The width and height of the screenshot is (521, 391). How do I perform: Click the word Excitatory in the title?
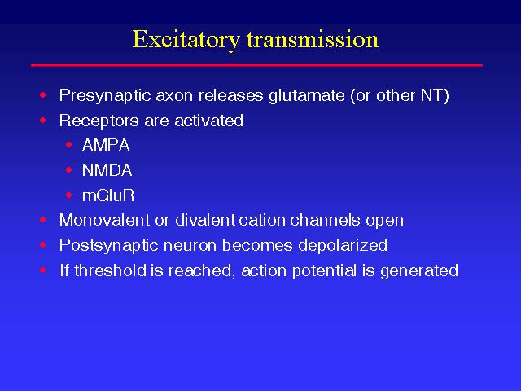click(x=186, y=40)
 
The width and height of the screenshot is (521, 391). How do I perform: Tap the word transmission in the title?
click(x=313, y=40)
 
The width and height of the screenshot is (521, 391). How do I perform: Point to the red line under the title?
click(x=256, y=65)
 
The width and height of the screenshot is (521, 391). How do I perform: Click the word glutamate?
click(x=307, y=96)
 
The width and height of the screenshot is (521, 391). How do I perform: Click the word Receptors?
click(x=99, y=121)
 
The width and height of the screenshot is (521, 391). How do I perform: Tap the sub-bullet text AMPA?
click(x=106, y=145)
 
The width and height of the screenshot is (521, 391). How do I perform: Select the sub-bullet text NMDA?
click(x=107, y=170)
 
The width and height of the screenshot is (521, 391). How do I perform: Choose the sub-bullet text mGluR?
click(x=108, y=195)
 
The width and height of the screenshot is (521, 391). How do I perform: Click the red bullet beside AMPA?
click(x=68, y=145)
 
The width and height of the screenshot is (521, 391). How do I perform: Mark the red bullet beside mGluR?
click(x=68, y=195)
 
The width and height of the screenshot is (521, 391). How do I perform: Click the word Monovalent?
click(x=104, y=220)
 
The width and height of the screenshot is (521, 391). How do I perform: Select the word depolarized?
click(x=343, y=246)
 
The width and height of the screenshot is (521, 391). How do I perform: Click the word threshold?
click(x=111, y=270)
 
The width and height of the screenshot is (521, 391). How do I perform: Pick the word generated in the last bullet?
click(x=419, y=271)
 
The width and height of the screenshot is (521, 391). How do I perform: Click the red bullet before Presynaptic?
click(x=43, y=95)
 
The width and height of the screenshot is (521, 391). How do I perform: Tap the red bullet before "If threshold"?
click(x=43, y=270)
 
